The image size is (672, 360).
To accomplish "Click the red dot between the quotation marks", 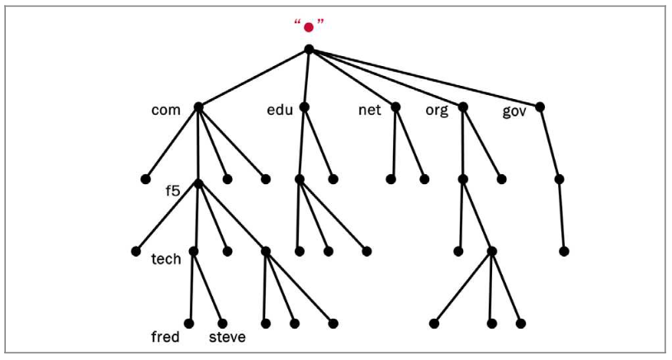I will coord(309,27).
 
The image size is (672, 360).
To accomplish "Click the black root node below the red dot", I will coord(309,50).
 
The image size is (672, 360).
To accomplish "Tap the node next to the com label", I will coord(198,107).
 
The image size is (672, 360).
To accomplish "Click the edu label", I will coord(280,109).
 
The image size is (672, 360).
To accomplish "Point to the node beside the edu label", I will coord(305,107).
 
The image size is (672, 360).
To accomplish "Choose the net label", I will coord(369,109).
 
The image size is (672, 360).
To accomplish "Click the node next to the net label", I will coord(396,107).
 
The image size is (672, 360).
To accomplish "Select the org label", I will coord(437,110).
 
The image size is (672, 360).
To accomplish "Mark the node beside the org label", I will coord(462,107).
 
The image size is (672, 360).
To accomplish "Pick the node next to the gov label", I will coord(540,107).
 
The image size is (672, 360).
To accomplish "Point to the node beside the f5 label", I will coord(198,182).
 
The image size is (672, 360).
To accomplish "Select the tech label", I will coord(166,259).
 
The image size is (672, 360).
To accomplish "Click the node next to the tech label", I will coord(193,251).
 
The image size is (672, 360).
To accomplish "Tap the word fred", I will coord(165,337).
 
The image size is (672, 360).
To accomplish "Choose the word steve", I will coord(227,337).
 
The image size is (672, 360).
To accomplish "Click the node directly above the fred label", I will coord(188,323).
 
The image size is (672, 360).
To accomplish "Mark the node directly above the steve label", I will coord(222,323).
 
